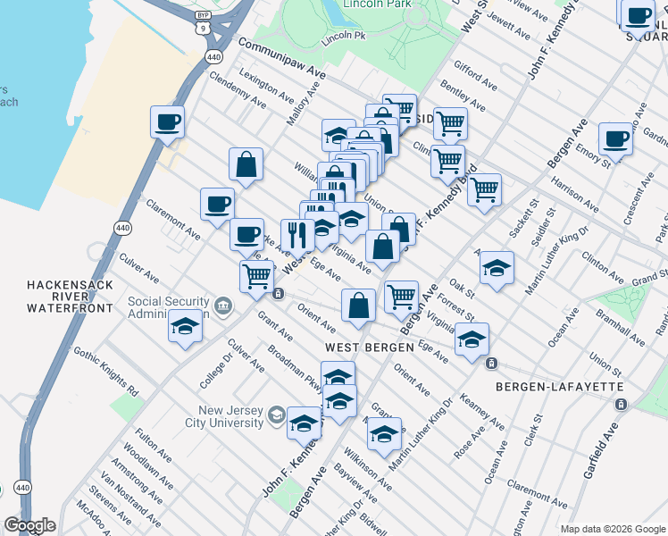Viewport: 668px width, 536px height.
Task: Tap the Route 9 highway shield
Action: [x=205, y=29]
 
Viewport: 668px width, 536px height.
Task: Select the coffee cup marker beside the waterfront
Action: [x=167, y=121]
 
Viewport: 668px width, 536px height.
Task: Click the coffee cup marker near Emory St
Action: [x=615, y=138]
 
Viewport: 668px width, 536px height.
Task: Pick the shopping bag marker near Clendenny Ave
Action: [x=246, y=164]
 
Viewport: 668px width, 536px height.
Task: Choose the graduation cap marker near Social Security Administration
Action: [x=185, y=326]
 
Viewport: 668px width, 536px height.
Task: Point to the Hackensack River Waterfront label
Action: [x=70, y=296]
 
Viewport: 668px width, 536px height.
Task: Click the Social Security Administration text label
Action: [x=168, y=307]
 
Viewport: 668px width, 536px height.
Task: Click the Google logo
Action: [x=29, y=525]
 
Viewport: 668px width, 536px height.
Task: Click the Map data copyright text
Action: [x=613, y=528]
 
